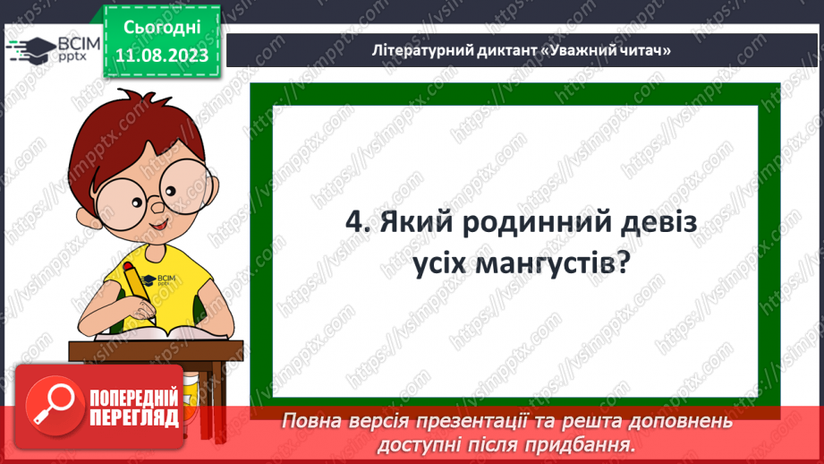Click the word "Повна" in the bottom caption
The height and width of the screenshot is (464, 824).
pos(310,420)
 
